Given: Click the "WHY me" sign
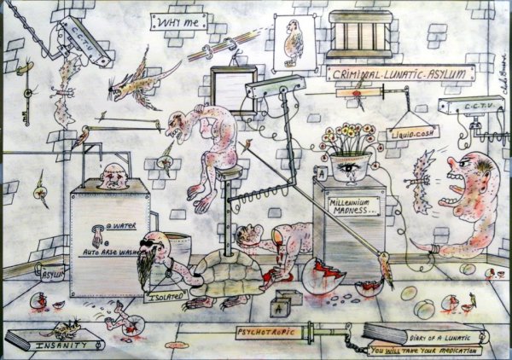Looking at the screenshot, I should click(x=177, y=21).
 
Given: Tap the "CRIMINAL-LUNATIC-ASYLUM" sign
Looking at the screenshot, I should click(x=400, y=74).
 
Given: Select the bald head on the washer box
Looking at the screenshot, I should click(x=111, y=177).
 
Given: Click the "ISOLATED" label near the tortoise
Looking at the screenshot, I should click(x=171, y=299).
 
